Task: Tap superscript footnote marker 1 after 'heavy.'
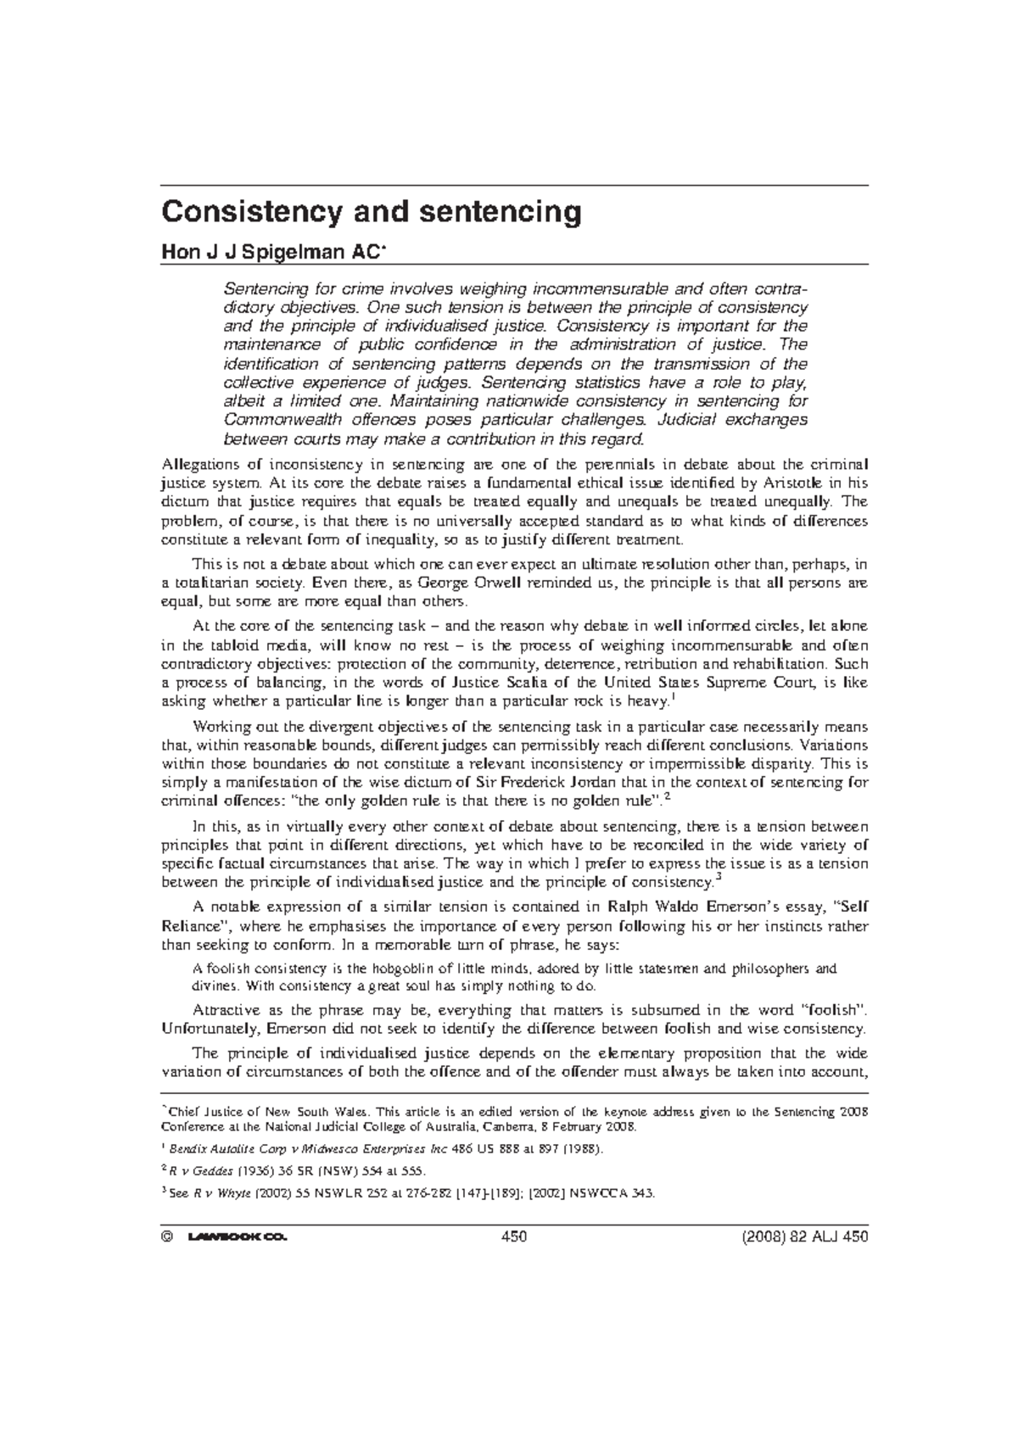pos(673,697)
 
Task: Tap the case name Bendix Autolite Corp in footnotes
pos(218,1150)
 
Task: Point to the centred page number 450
pos(514,1237)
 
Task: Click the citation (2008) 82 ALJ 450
pos(798,1237)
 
